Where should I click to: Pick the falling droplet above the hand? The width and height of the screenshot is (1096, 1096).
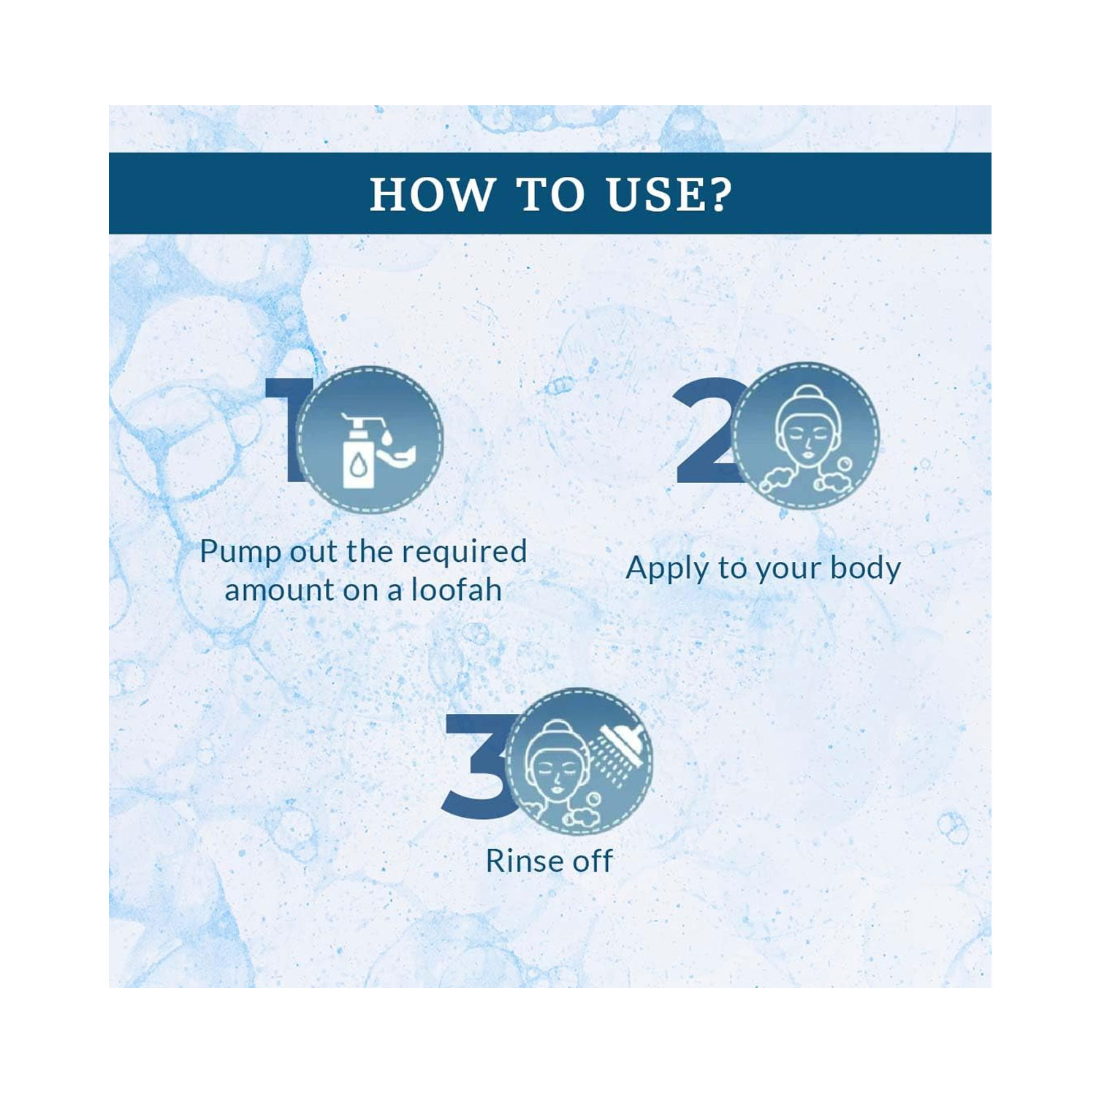tap(387, 437)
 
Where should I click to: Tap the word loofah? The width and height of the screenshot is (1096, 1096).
tap(457, 590)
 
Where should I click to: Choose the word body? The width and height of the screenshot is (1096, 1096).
tap(866, 569)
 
